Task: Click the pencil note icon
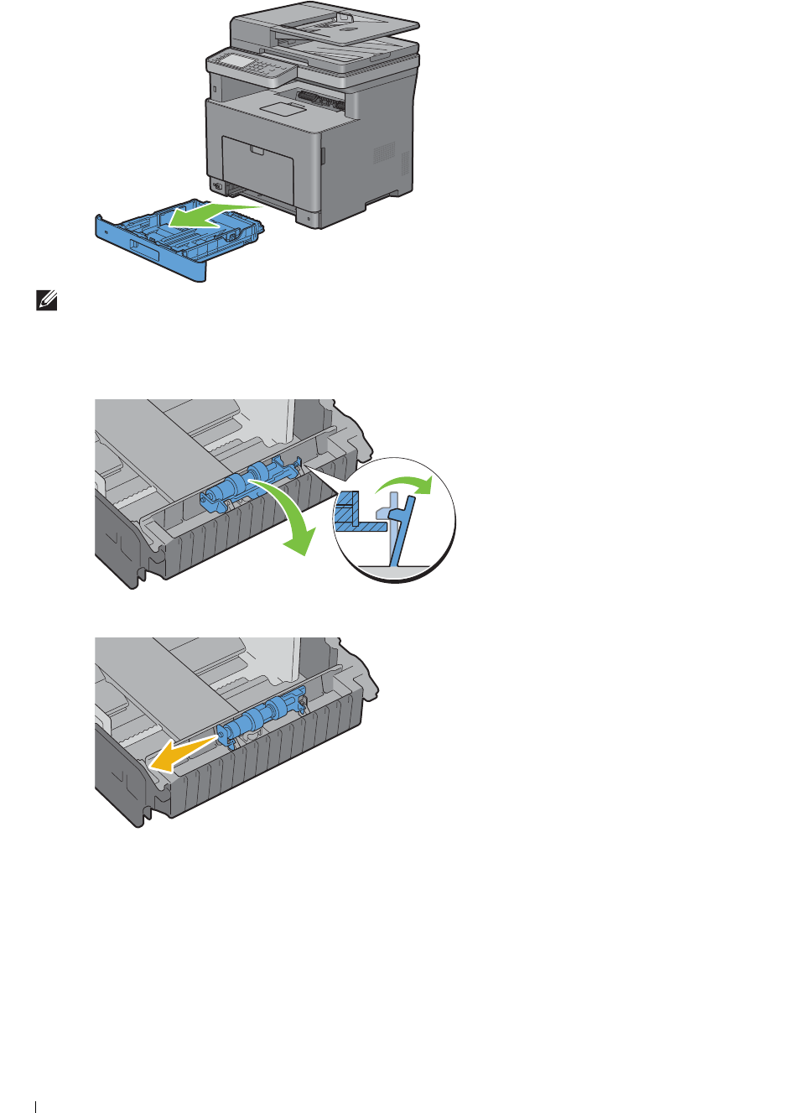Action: [x=47, y=300]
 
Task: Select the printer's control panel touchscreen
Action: [x=231, y=61]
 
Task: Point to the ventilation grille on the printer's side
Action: [x=383, y=153]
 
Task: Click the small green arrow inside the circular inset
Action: [x=407, y=484]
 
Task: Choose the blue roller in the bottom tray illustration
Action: [x=262, y=716]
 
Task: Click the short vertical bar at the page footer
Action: [x=35, y=1106]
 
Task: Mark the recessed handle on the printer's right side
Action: [x=322, y=155]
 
